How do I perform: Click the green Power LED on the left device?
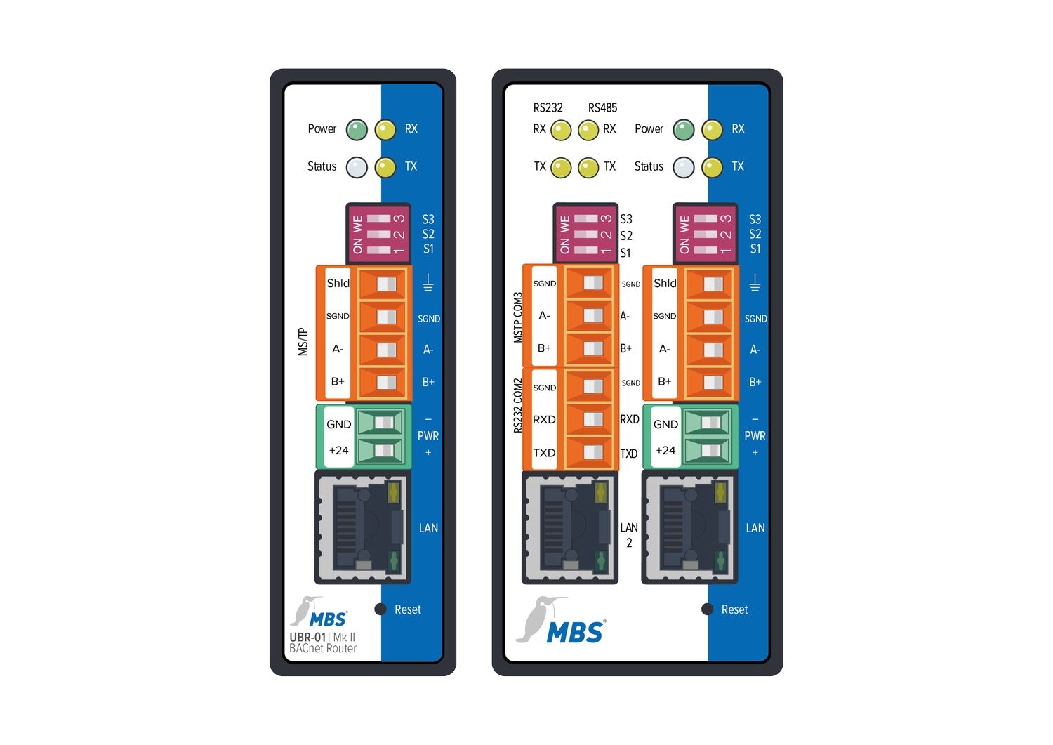coord(357,130)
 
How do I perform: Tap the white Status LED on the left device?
coord(357,167)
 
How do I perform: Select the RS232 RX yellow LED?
coord(561,131)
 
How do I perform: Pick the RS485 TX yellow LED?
coord(588,168)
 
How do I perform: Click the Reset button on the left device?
coord(380,609)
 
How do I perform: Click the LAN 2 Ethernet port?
coord(570,527)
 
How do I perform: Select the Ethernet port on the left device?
coord(363,527)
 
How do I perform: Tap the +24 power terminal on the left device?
coord(380,451)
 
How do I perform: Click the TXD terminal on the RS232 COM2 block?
coord(590,452)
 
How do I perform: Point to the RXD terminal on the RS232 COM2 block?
coord(590,419)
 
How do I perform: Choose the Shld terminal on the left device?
coord(382,284)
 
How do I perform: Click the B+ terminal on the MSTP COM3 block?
coord(590,348)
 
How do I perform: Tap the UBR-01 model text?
coord(307,638)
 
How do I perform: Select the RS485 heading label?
coord(602,107)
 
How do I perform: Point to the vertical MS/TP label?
coord(303,342)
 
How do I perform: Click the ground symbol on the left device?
coord(428,283)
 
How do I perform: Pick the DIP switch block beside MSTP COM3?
coord(585,235)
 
